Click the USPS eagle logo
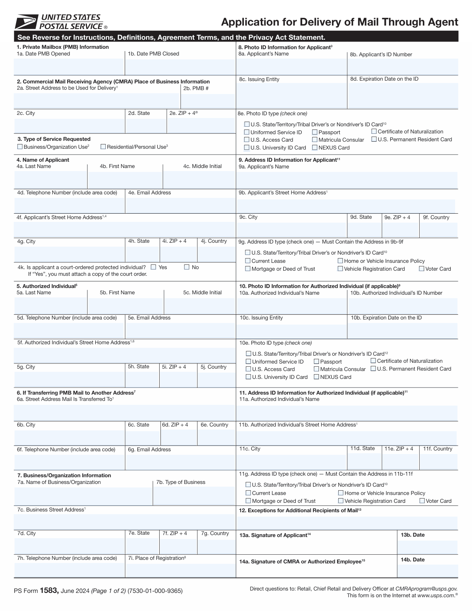coord(26,22)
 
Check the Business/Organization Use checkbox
coord(20,147)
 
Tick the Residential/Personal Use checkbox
coord(103,147)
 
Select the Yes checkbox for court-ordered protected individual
coord(153,267)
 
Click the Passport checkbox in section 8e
coord(315,132)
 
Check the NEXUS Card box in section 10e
coord(317,377)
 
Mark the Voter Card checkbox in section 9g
coord(422,269)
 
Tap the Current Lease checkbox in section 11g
coord(248,493)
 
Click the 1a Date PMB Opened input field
coord(69,67)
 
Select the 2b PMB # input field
coord(208,101)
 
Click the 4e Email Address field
coord(180,205)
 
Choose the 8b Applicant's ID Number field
coord(403,66)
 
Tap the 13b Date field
coord(427,547)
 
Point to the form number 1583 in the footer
coord(49,591)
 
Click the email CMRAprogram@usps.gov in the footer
coord(426,589)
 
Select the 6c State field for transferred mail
coord(143,437)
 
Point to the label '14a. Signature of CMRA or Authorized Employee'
coord(302,561)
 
